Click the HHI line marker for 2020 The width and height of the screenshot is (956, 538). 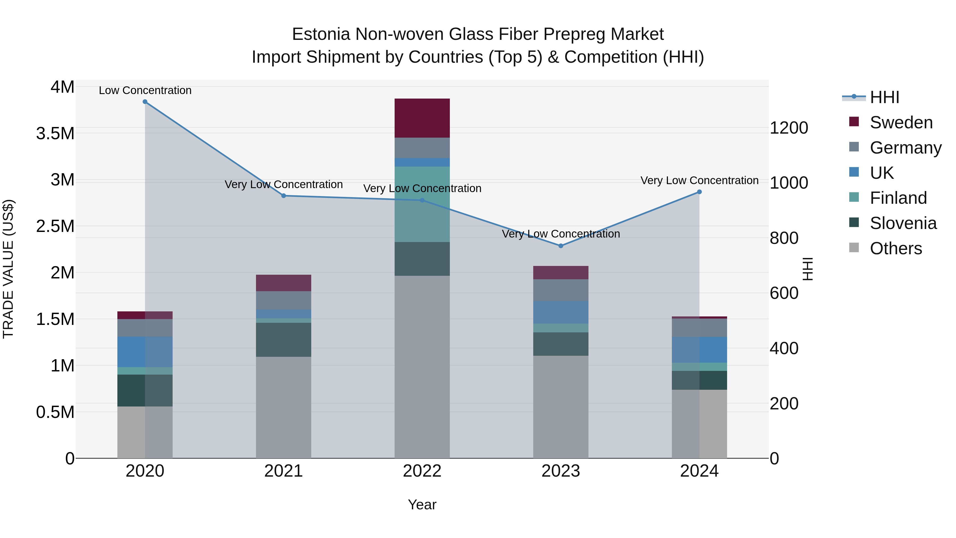tap(145, 102)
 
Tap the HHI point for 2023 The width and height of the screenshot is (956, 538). tap(561, 246)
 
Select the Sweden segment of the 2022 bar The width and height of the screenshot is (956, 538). tap(422, 118)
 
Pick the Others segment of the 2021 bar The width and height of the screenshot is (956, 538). tap(284, 407)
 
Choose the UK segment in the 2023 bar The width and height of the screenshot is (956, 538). tap(561, 312)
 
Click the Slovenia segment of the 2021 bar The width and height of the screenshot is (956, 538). tap(284, 340)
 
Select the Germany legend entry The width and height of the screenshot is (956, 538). tap(905, 148)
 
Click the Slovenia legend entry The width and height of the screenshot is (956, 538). tap(903, 223)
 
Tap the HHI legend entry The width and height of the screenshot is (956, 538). tap(884, 97)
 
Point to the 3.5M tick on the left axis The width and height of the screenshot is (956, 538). tap(55, 134)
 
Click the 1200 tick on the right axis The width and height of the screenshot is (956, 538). tap(789, 128)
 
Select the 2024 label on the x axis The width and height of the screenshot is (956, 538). tap(699, 471)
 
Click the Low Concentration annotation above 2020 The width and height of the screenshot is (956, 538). tap(145, 90)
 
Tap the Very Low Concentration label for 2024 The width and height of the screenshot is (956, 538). tap(699, 180)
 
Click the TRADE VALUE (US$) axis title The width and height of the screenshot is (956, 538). tap(8, 269)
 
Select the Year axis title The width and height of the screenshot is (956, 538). tap(422, 505)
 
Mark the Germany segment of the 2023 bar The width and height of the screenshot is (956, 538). tap(561, 290)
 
